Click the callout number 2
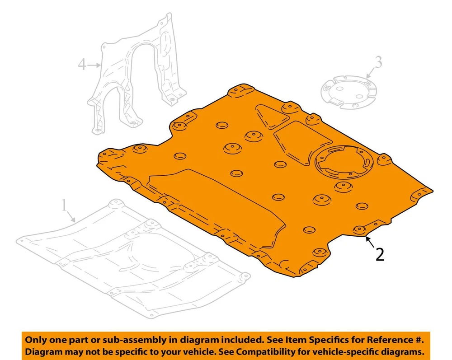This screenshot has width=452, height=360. [x=380, y=255]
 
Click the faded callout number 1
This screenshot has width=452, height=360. [x=64, y=206]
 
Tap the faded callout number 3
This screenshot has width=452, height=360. [x=378, y=62]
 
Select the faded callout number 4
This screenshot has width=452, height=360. [x=82, y=64]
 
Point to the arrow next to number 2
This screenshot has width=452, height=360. [x=371, y=242]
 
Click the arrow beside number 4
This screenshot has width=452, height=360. [x=94, y=65]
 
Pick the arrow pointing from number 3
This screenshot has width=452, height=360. [x=371, y=73]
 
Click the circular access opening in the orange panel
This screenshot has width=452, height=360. [x=344, y=162]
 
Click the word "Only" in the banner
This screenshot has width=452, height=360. [x=36, y=340]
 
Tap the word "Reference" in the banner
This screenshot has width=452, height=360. [x=390, y=340]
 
